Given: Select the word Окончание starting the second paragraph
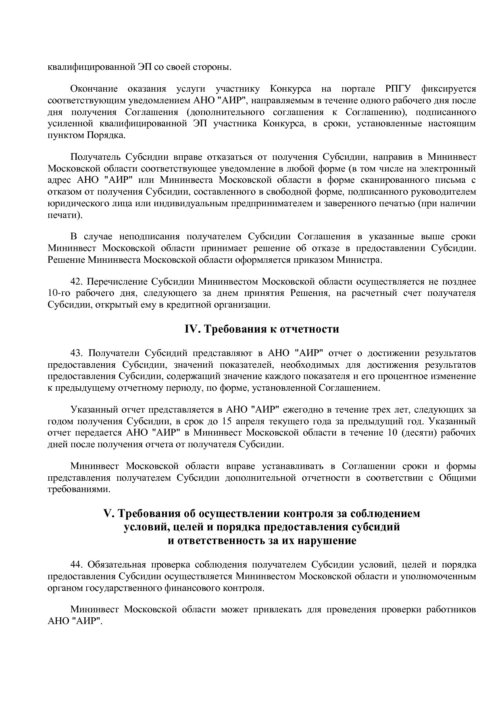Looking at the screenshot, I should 94,89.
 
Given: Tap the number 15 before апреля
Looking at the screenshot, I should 227,421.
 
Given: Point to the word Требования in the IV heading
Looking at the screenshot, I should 229,329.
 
